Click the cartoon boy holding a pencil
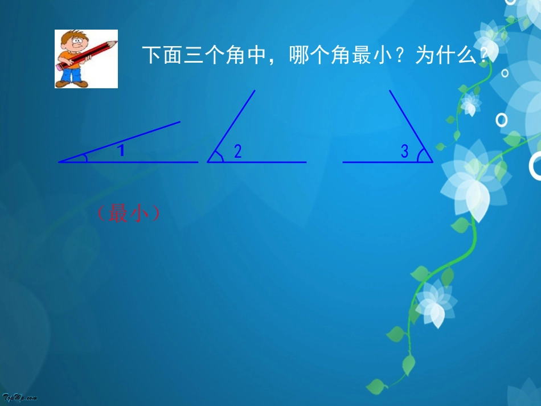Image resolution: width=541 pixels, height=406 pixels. click(85, 59)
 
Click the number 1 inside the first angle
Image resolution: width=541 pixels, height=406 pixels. click(121, 151)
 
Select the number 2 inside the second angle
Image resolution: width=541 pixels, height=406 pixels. click(238, 151)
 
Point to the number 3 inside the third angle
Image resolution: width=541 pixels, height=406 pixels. click(404, 152)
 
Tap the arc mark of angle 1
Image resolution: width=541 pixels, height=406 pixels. click(85, 158)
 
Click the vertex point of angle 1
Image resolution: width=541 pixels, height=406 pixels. click(59, 162)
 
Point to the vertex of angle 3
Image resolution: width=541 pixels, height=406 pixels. click(432, 162)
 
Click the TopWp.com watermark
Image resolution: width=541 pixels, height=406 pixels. click(19, 398)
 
